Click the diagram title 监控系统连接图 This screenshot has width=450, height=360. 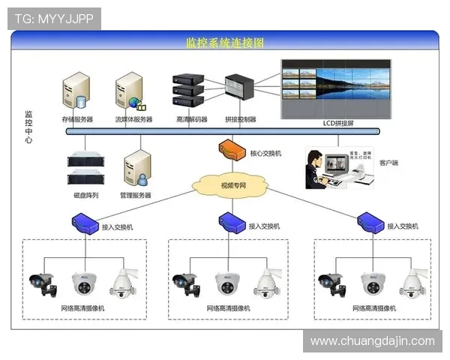[x=225, y=43]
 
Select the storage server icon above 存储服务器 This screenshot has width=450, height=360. [x=76, y=91]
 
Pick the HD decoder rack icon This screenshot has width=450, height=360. [x=188, y=90]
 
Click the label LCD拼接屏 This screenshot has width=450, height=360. [x=337, y=121]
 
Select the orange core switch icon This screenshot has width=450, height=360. [x=232, y=150]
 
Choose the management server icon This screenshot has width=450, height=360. [x=136, y=169]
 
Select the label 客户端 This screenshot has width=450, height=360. [x=390, y=162]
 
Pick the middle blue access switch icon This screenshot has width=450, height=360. [x=230, y=220]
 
